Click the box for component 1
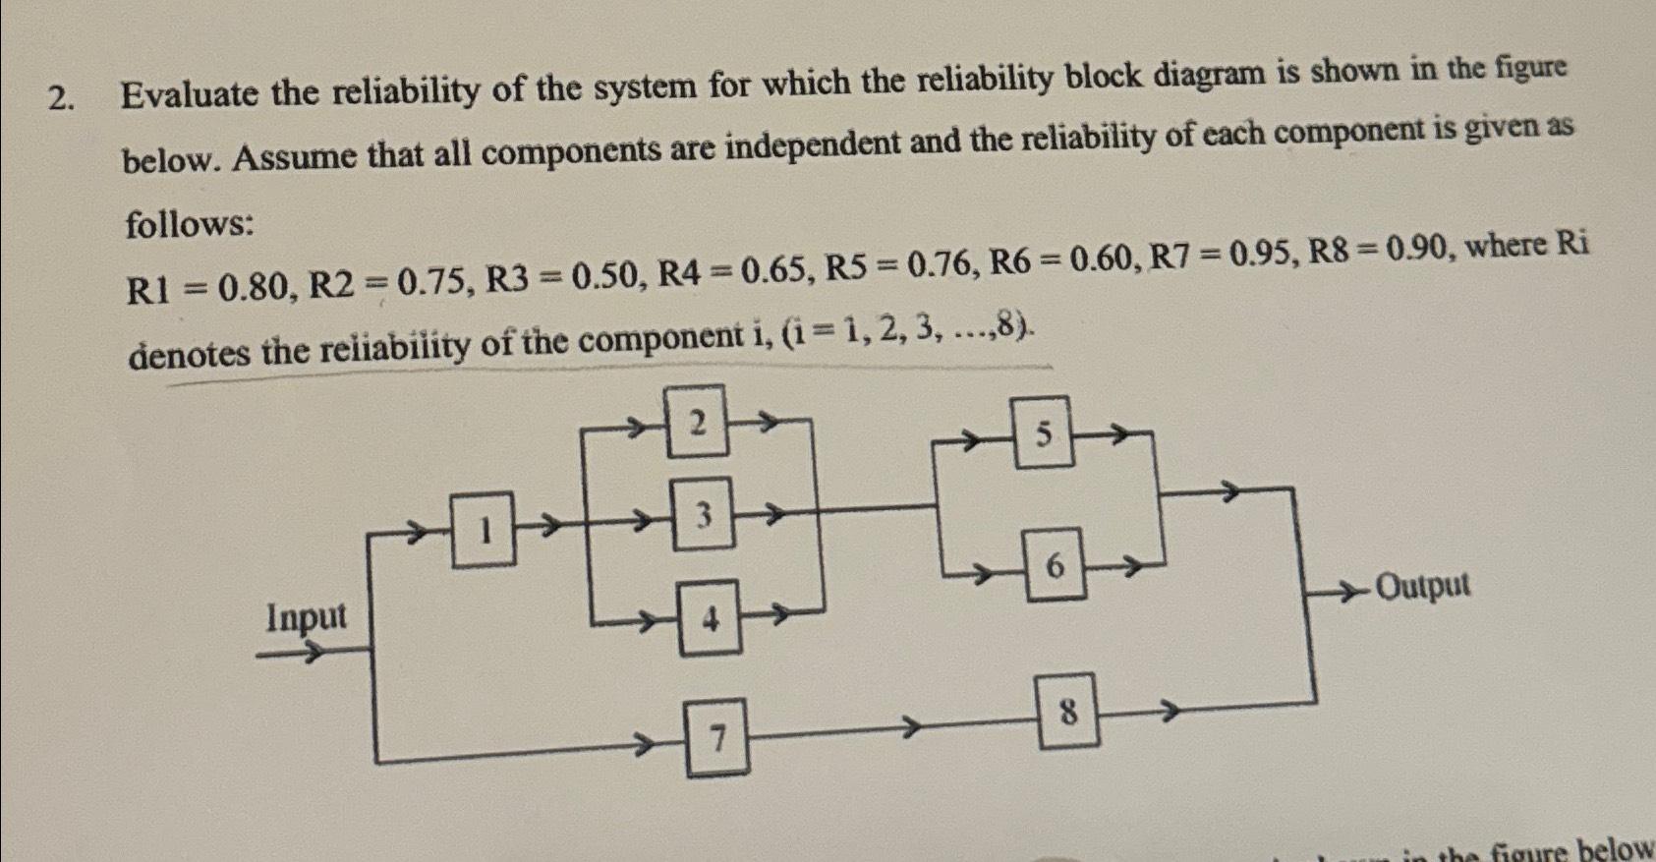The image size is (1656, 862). click(x=483, y=531)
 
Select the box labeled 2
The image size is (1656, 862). click(x=697, y=422)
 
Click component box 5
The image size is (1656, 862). click(x=1043, y=432)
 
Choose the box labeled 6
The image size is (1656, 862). click(x=1055, y=564)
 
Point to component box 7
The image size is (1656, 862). click(x=717, y=737)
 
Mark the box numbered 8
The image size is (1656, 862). click(x=1068, y=711)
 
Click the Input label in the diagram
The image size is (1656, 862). click(x=307, y=618)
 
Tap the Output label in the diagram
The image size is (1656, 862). click(x=1423, y=586)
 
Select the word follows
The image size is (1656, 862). click(x=189, y=225)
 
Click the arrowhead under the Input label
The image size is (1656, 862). click(x=313, y=650)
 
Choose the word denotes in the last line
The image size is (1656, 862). click(x=190, y=352)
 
